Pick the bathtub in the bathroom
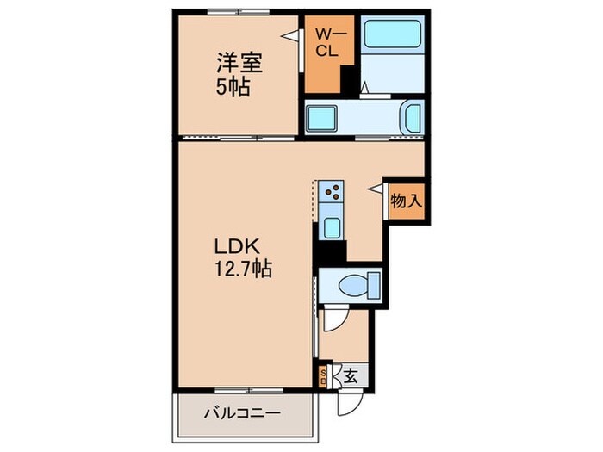pos(393,36)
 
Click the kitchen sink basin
pos(332,228)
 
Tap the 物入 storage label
pos(406,201)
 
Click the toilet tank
pos(373,283)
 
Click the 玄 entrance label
pos(351,375)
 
